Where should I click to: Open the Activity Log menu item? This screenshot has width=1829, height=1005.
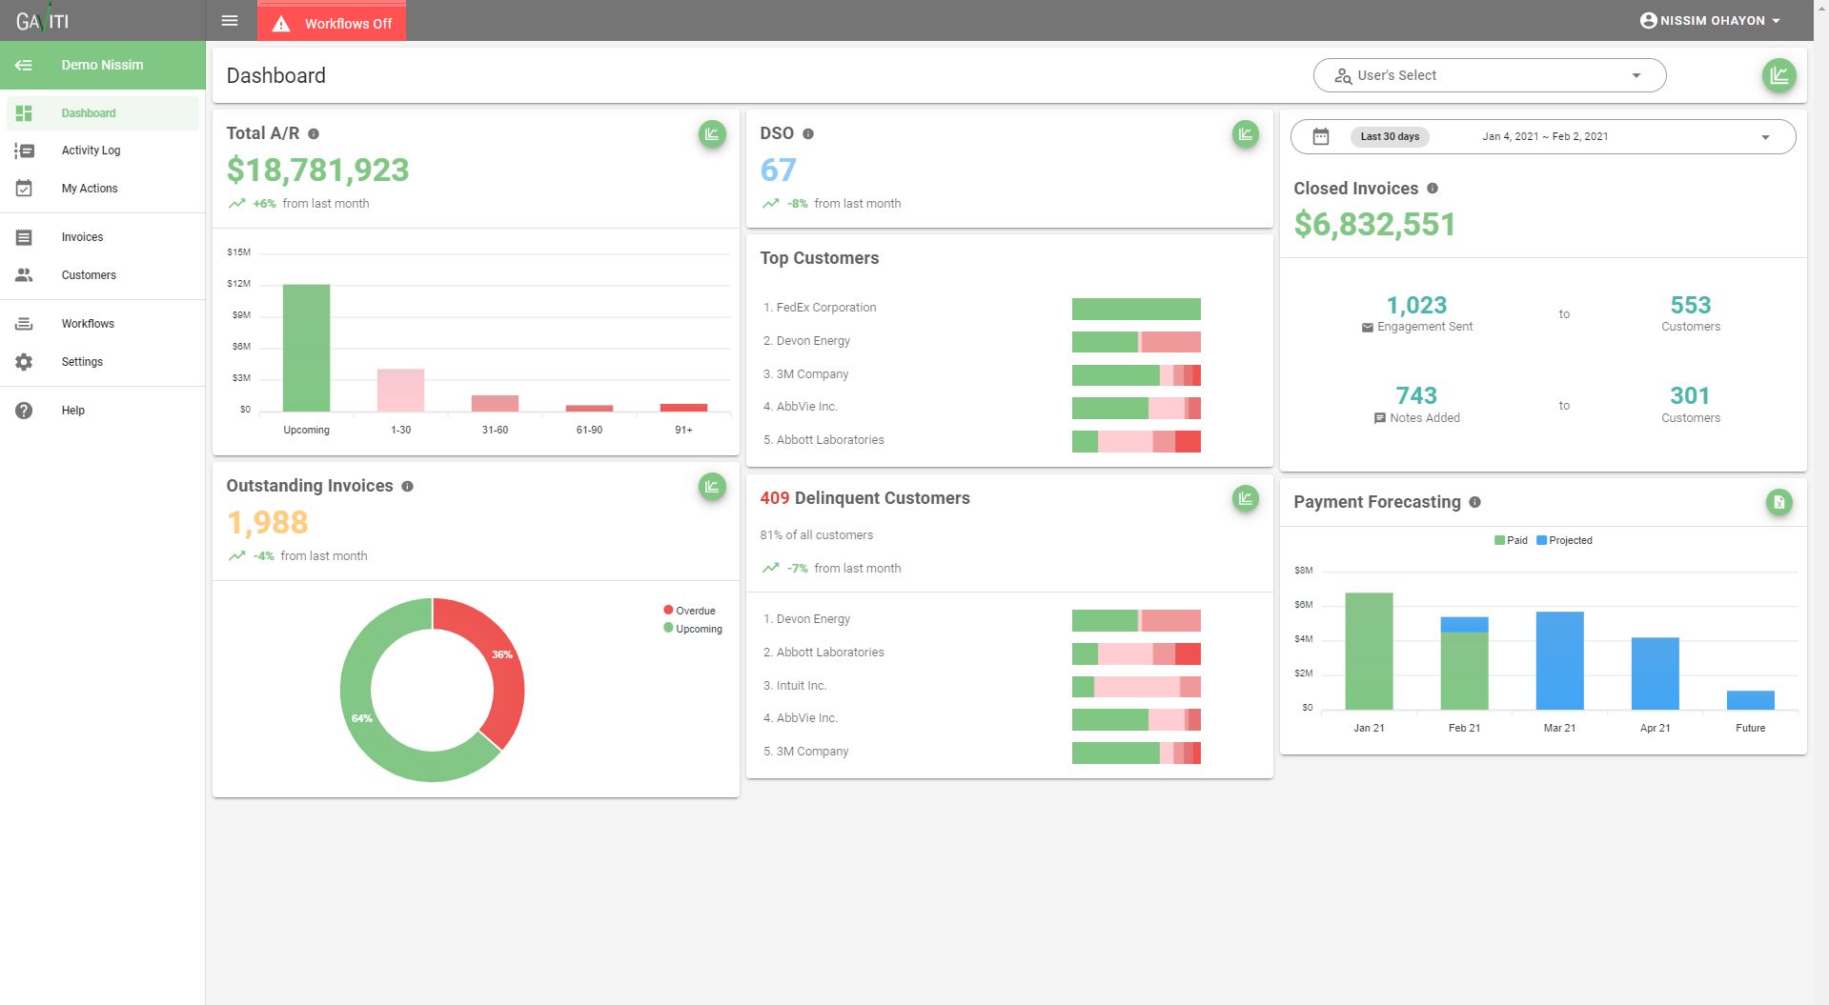pos(91,151)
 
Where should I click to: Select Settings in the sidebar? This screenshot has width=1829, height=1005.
pos(82,362)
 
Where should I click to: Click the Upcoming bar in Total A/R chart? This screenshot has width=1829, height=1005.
pos(306,348)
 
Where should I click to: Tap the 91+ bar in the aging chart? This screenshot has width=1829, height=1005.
pos(683,408)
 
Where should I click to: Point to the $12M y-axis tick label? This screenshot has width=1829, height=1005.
pos(239,284)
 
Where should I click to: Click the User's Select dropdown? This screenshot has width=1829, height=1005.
pos(1489,75)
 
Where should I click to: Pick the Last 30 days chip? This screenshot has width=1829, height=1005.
pos(1390,136)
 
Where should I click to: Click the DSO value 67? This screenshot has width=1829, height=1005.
pos(778,171)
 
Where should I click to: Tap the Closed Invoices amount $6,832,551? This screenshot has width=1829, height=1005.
pos(1374,225)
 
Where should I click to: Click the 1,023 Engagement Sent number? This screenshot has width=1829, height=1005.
pos(1416,306)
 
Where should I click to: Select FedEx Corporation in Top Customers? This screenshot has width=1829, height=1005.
pos(825,308)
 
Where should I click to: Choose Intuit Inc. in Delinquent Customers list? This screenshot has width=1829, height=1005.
pos(801,686)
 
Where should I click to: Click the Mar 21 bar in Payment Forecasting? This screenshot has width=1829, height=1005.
pos(1559,661)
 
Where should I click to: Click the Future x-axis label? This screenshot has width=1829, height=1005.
pos(1750,728)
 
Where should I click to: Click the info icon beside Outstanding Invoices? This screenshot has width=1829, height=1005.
pos(407,487)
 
